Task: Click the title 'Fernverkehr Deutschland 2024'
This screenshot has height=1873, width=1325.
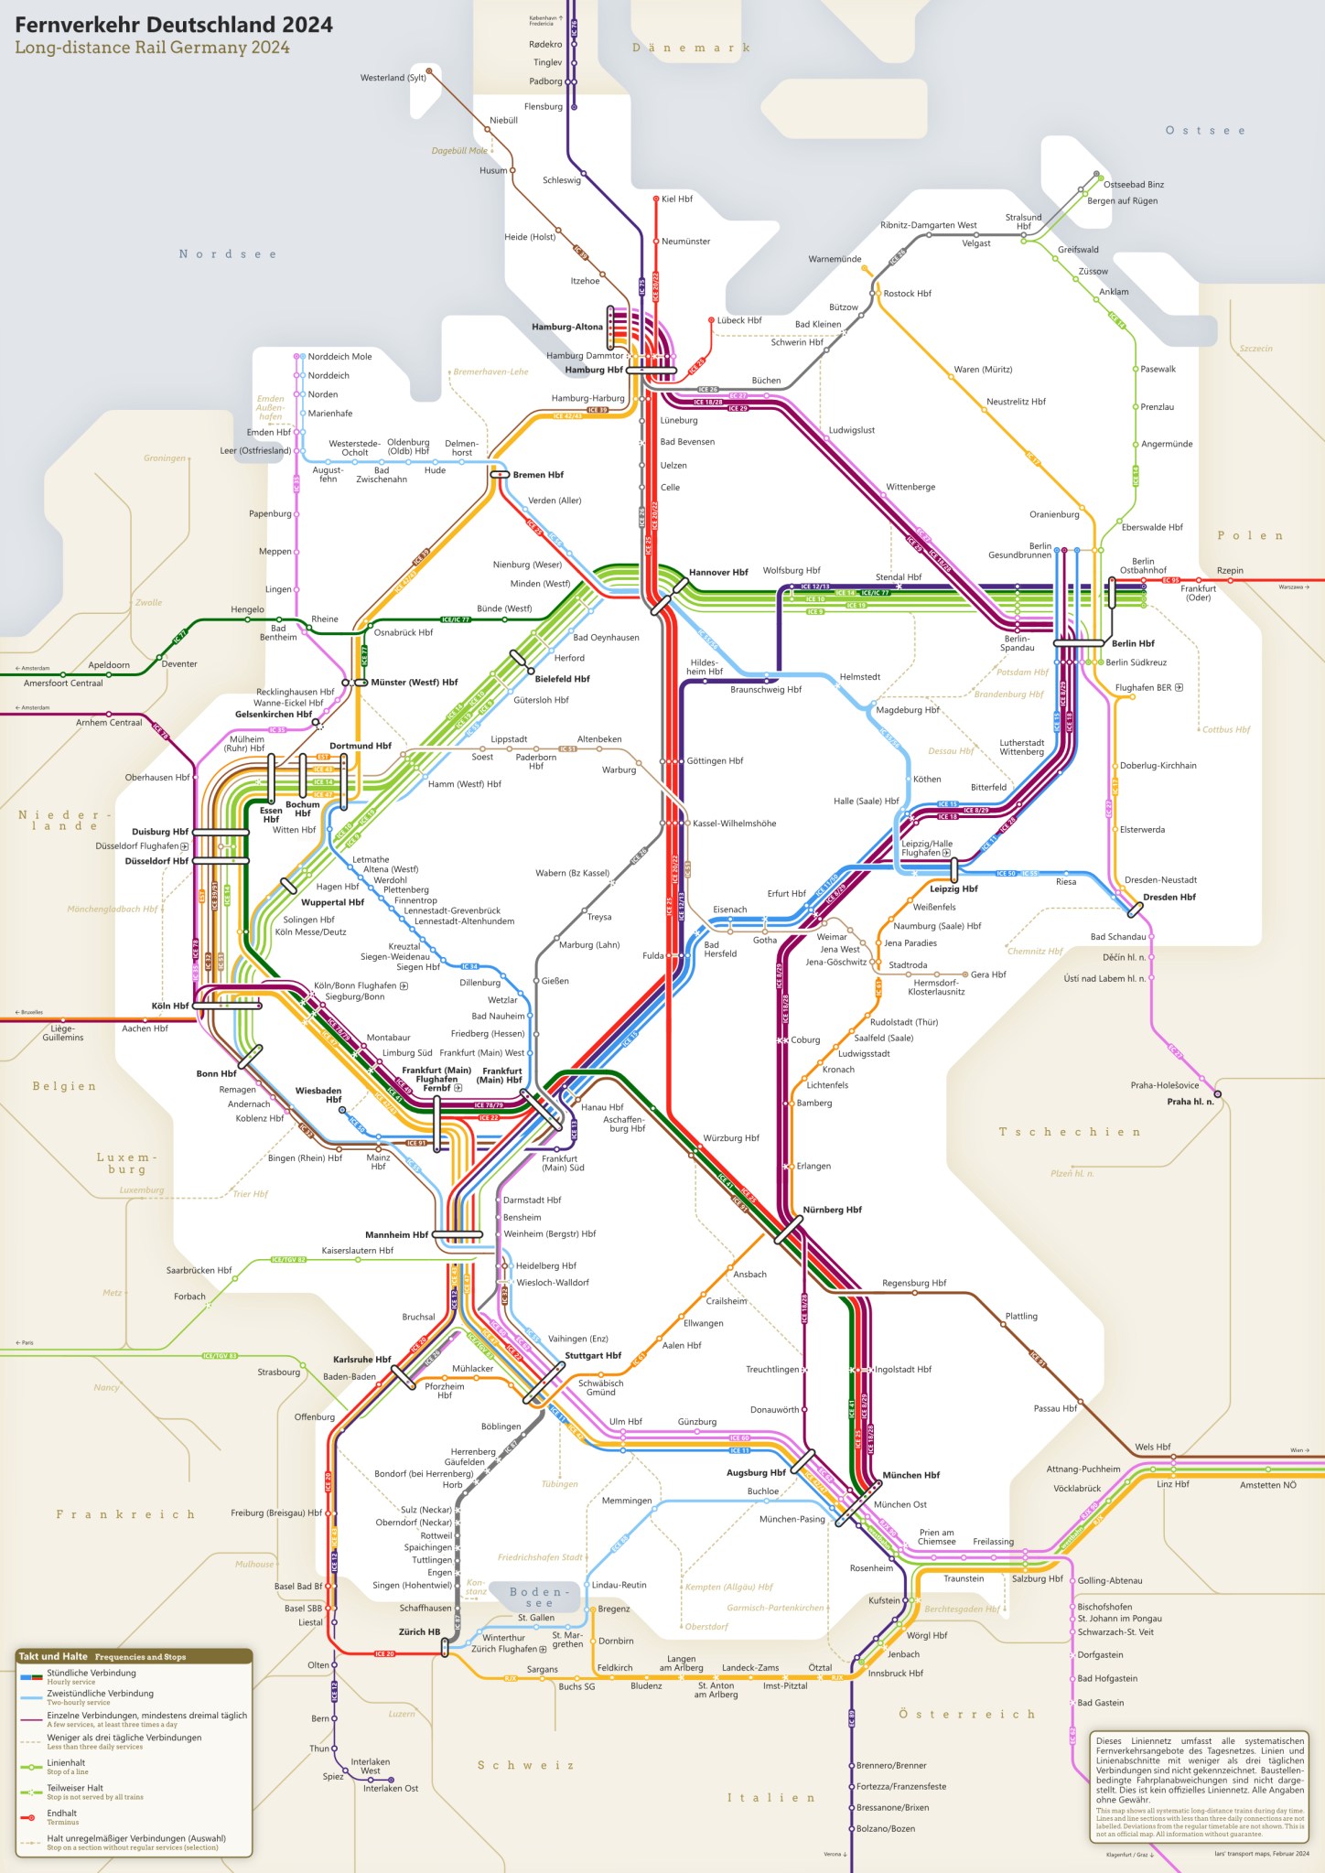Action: click(174, 25)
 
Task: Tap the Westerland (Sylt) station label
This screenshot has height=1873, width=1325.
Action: click(393, 78)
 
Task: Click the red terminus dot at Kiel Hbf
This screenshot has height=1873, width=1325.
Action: click(656, 199)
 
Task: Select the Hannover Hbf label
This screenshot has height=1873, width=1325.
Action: click(718, 572)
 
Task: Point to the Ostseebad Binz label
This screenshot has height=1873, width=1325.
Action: click(1133, 185)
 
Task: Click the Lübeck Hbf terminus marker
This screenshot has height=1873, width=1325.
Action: click(711, 320)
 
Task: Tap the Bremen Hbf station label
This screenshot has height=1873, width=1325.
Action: click(538, 475)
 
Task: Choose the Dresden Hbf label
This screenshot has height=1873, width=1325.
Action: click(1169, 897)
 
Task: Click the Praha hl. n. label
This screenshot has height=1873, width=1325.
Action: click(1190, 1102)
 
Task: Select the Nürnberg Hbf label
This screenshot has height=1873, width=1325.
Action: click(832, 1210)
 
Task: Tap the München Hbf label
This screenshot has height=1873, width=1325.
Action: click(910, 1475)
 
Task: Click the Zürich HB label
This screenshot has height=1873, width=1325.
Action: click(419, 1631)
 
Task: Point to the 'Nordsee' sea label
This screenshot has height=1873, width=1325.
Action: click(227, 254)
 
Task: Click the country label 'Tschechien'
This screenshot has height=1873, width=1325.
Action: click(1069, 1132)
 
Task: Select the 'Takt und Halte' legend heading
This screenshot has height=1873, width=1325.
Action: click(53, 1656)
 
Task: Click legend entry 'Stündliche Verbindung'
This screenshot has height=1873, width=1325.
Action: click(91, 1673)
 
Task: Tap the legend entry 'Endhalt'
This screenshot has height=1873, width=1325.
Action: click(61, 1813)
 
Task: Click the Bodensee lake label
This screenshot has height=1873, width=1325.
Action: click(539, 1597)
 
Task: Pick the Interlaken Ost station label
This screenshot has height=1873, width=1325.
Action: click(390, 1788)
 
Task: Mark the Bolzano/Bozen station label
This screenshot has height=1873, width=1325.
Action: click(885, 1828)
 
